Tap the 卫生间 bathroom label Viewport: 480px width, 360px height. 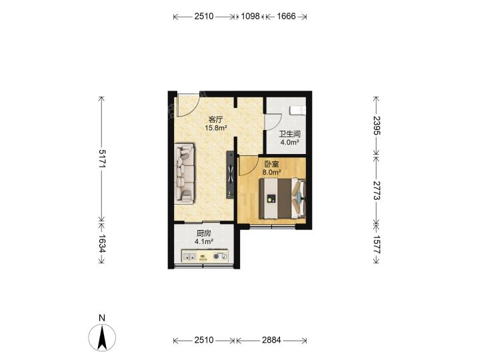pyautogui.click(x=289, y=134)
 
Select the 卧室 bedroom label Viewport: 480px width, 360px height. pyautogui.click(x=271, y=165)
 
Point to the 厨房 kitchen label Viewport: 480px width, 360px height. pyautogui.click(x=203, y=233)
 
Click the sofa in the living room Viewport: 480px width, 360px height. pyautogui.click(x=184, y=173)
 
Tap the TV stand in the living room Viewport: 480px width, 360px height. pyautogui.click(x=230, y=175)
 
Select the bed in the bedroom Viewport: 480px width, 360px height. pyautogui.click(x=282, y=199)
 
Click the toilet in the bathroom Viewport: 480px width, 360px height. pyautogui.click(x=297, y=109)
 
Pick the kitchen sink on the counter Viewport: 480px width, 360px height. pyautogui.click(x=189, y=256)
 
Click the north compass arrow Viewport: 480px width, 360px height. pyautogui.click(x=102, y=337)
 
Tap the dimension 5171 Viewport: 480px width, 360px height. pyautogui.click(x=101, y=159)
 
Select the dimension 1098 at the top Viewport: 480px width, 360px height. pyautogui.click(x=250, y=16)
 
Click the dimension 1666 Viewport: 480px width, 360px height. pyautogui.click(x=286, y=16)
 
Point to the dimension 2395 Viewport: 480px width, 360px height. pyautogui.click(x=376, y=125)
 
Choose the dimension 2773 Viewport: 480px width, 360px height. pyautogui.click(x=376, y=191)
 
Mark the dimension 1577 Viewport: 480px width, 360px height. pyautogui.click(x=376, y=245)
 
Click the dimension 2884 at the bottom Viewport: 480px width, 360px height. pyautogui.click(x=271, y=340)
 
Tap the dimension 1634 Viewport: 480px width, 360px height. pyautogui.click(x=101, y=244)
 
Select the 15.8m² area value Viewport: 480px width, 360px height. pyautogui.click(x=216, y=128)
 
